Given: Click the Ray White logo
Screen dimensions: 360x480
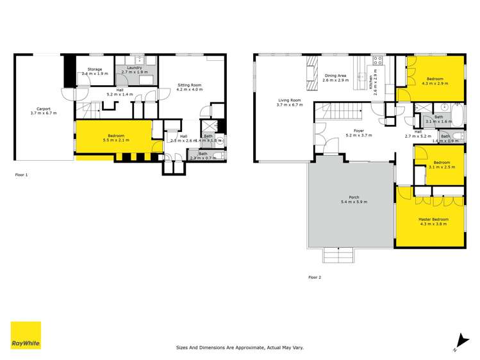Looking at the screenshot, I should [26, 336].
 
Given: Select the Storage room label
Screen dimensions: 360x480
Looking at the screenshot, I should [95, 69].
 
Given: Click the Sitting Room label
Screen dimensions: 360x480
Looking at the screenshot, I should [190, 85].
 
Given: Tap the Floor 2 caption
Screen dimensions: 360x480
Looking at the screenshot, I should [314, 277].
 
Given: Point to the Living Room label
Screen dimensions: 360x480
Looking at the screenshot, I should [288, 100].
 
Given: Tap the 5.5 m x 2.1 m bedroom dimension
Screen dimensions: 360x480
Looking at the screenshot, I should [116, 139].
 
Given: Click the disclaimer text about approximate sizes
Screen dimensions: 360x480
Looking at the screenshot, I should [240, 348].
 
